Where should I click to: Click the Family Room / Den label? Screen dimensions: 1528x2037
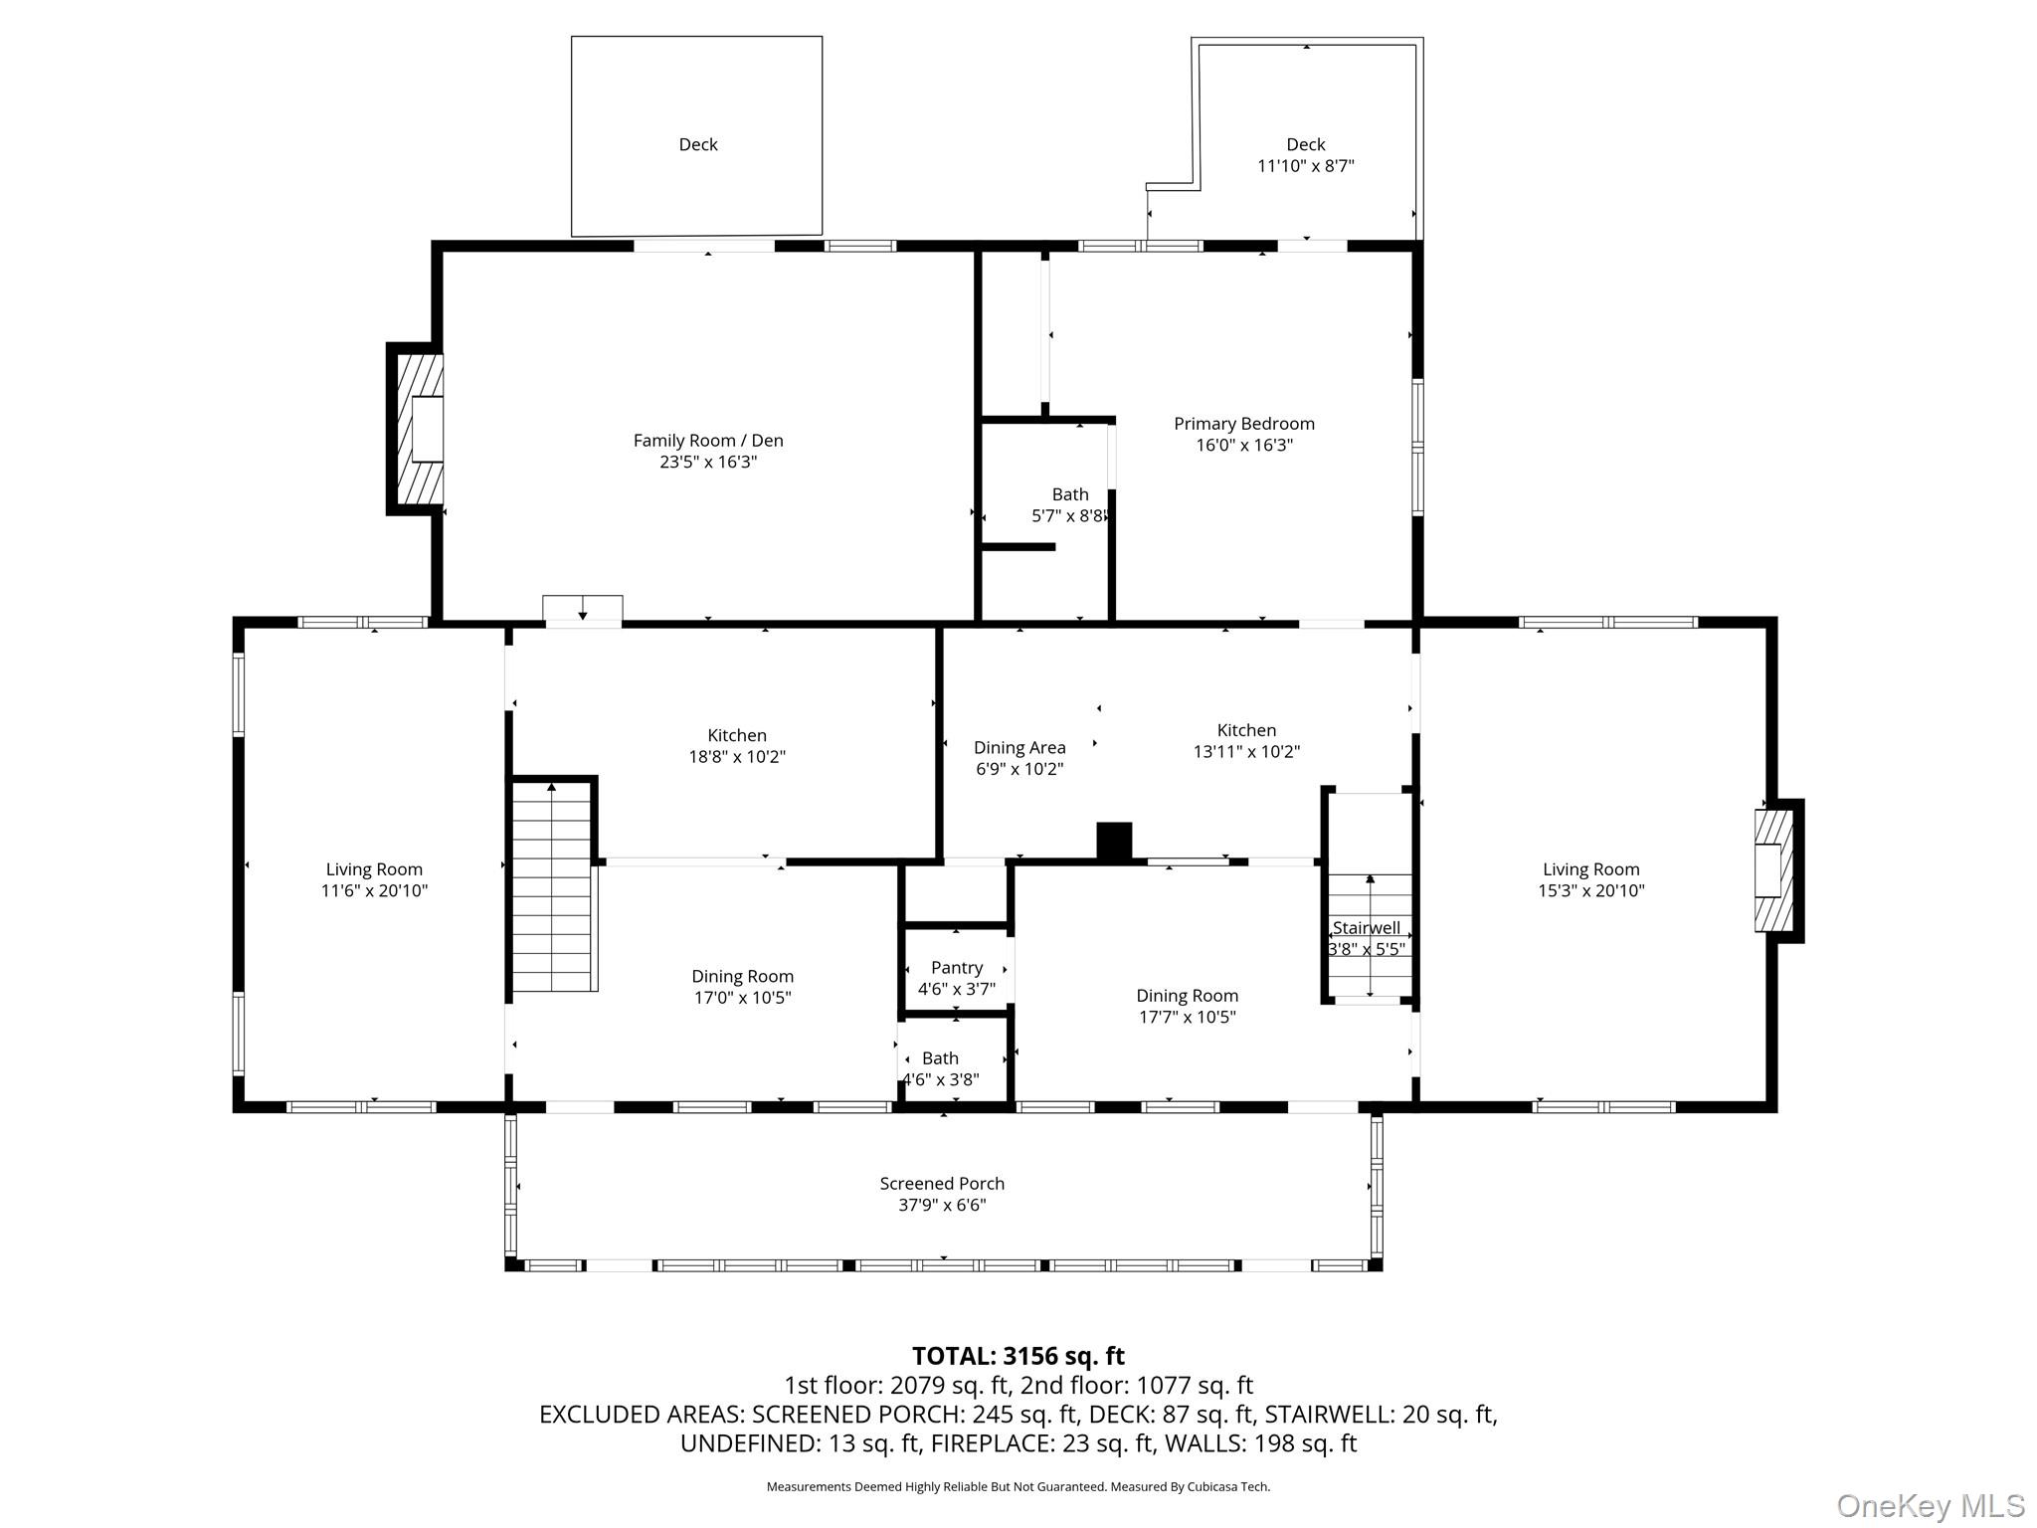707,440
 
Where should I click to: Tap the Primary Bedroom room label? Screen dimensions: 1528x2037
1243,424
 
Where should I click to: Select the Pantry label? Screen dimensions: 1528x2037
956,968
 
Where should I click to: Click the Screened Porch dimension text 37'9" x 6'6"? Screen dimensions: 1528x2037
942,1205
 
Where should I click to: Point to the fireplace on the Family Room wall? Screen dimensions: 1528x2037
419,429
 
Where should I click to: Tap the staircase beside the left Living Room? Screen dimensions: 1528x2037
552,885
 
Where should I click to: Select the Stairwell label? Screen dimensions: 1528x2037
1367,928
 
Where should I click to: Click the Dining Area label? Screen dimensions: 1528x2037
1018,747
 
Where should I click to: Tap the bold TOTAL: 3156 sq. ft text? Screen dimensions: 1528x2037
1018,1356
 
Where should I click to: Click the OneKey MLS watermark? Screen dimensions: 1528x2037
1930,1506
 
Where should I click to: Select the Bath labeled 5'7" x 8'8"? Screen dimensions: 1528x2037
1069,504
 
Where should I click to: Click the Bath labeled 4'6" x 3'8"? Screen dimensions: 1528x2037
940,1068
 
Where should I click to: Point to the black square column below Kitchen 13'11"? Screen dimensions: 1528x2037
1114,840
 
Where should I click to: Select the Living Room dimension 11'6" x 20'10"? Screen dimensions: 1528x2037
374,890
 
